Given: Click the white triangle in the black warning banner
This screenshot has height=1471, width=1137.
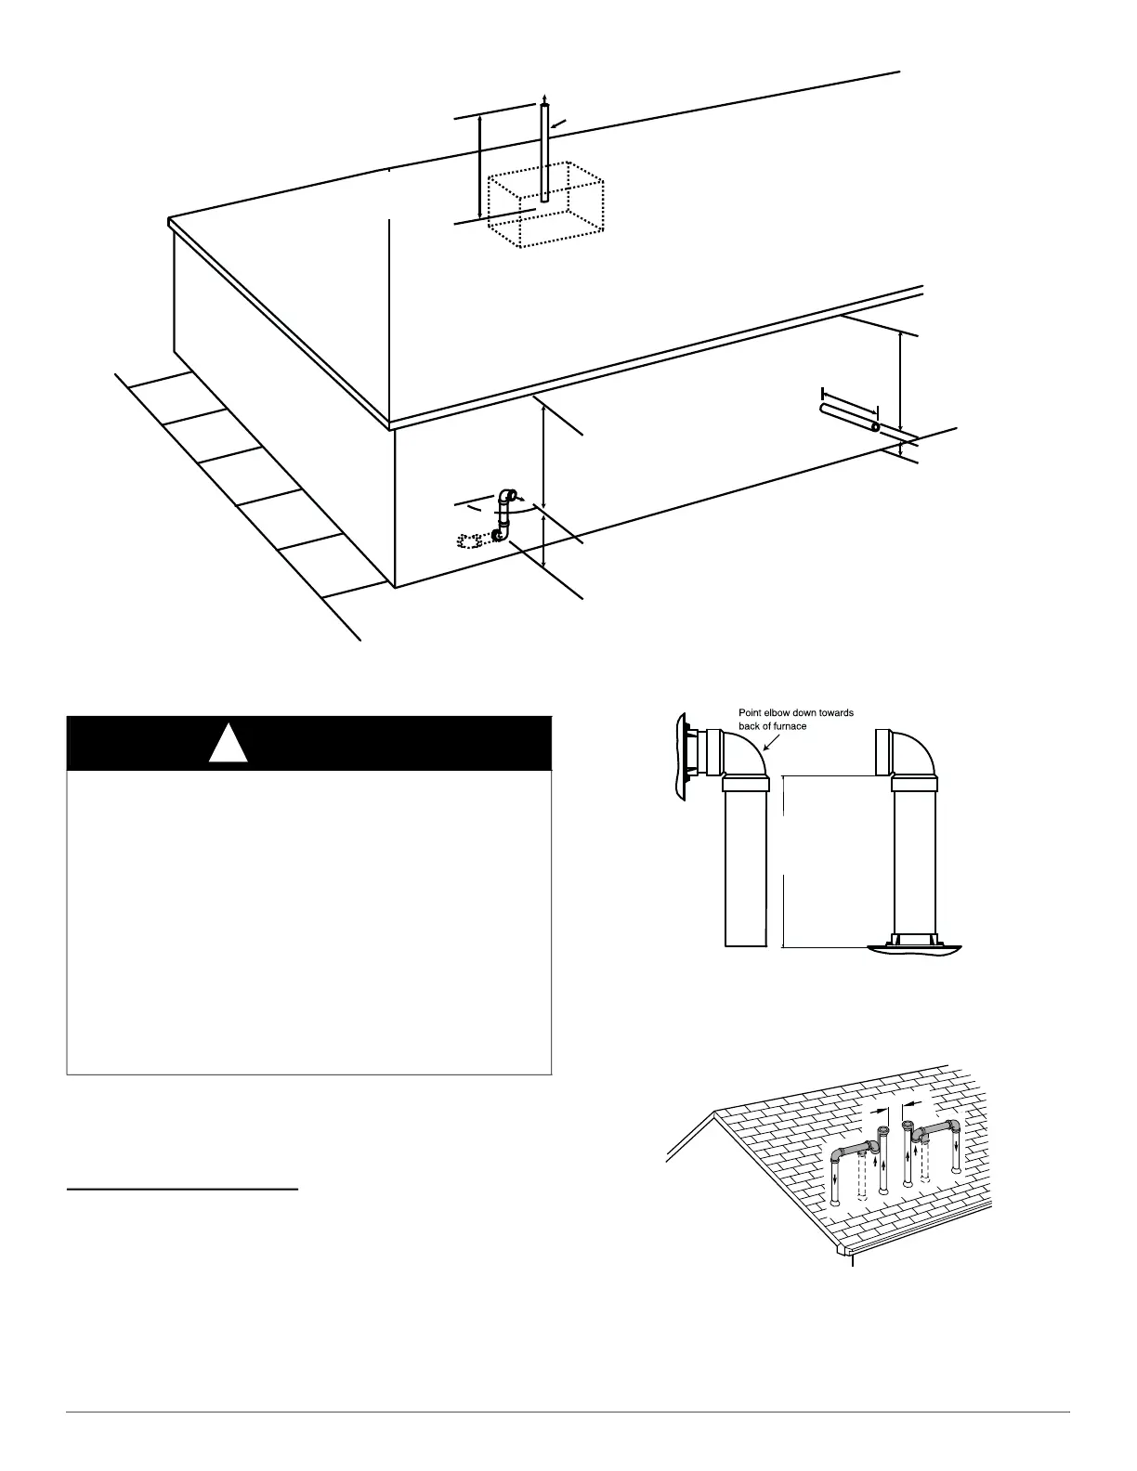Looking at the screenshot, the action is point(229,744).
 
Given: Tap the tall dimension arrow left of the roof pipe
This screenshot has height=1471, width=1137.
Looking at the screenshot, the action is point(479,167).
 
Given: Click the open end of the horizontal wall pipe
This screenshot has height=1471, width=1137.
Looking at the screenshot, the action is point(874,427).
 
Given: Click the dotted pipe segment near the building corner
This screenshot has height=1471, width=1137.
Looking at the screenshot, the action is point(471,540).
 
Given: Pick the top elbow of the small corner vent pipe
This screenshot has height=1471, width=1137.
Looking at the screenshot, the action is point(506,494).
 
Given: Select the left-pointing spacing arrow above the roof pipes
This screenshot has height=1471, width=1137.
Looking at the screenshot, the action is point(915,1103).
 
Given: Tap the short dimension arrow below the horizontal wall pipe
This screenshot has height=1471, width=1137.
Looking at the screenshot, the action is point(901,449).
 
